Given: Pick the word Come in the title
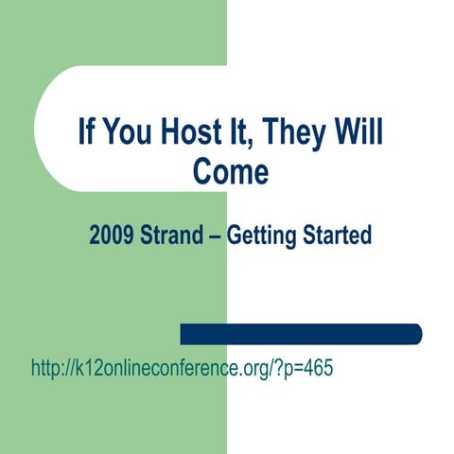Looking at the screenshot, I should [x=231, y=173].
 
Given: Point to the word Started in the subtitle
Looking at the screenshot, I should [x=337, y=235].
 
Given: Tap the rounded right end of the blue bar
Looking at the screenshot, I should [x=416, y=334].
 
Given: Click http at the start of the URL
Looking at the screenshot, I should [x=47, y=368].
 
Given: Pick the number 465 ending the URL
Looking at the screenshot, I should [x=317, y=368].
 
